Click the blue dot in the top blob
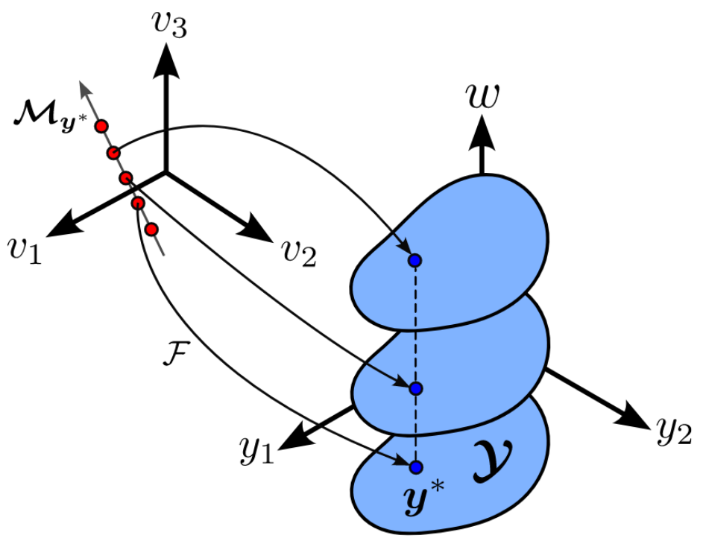(x=415, y=260)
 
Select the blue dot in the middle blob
(x=415, y=388)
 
